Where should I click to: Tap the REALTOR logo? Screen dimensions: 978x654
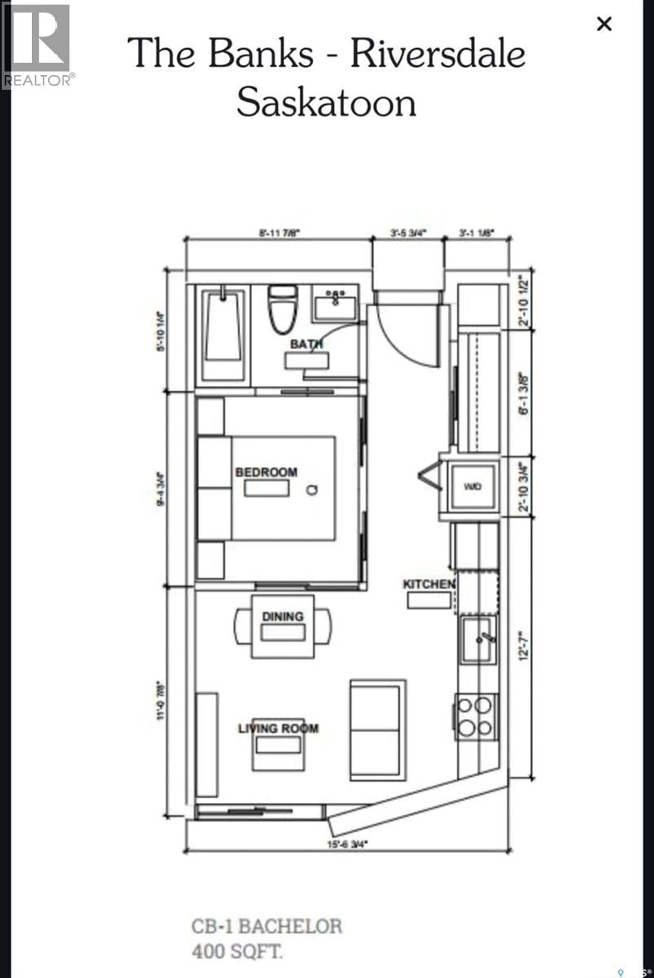37,46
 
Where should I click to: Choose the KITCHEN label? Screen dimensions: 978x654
428,584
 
